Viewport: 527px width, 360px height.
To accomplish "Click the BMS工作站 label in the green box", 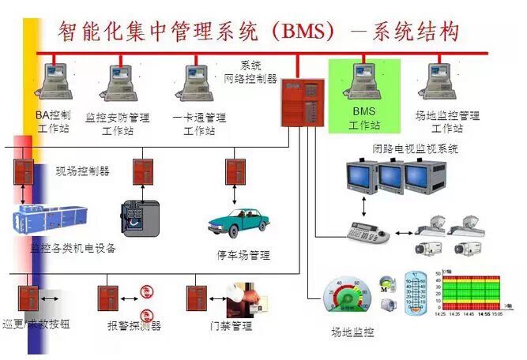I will tap(364, 119).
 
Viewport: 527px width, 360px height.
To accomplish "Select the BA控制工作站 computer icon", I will tap(55, 83).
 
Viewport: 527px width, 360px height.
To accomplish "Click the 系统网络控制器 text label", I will tap(259, 72).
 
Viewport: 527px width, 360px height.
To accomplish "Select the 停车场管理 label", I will tap(243, 255).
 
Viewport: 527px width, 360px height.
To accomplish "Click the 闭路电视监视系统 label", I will tap(416, 148).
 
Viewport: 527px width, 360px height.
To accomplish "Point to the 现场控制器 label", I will tap(82, 170).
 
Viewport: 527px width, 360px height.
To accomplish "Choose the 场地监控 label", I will tap(352, 332).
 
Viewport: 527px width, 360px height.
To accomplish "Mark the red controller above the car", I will tap(235, 171).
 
